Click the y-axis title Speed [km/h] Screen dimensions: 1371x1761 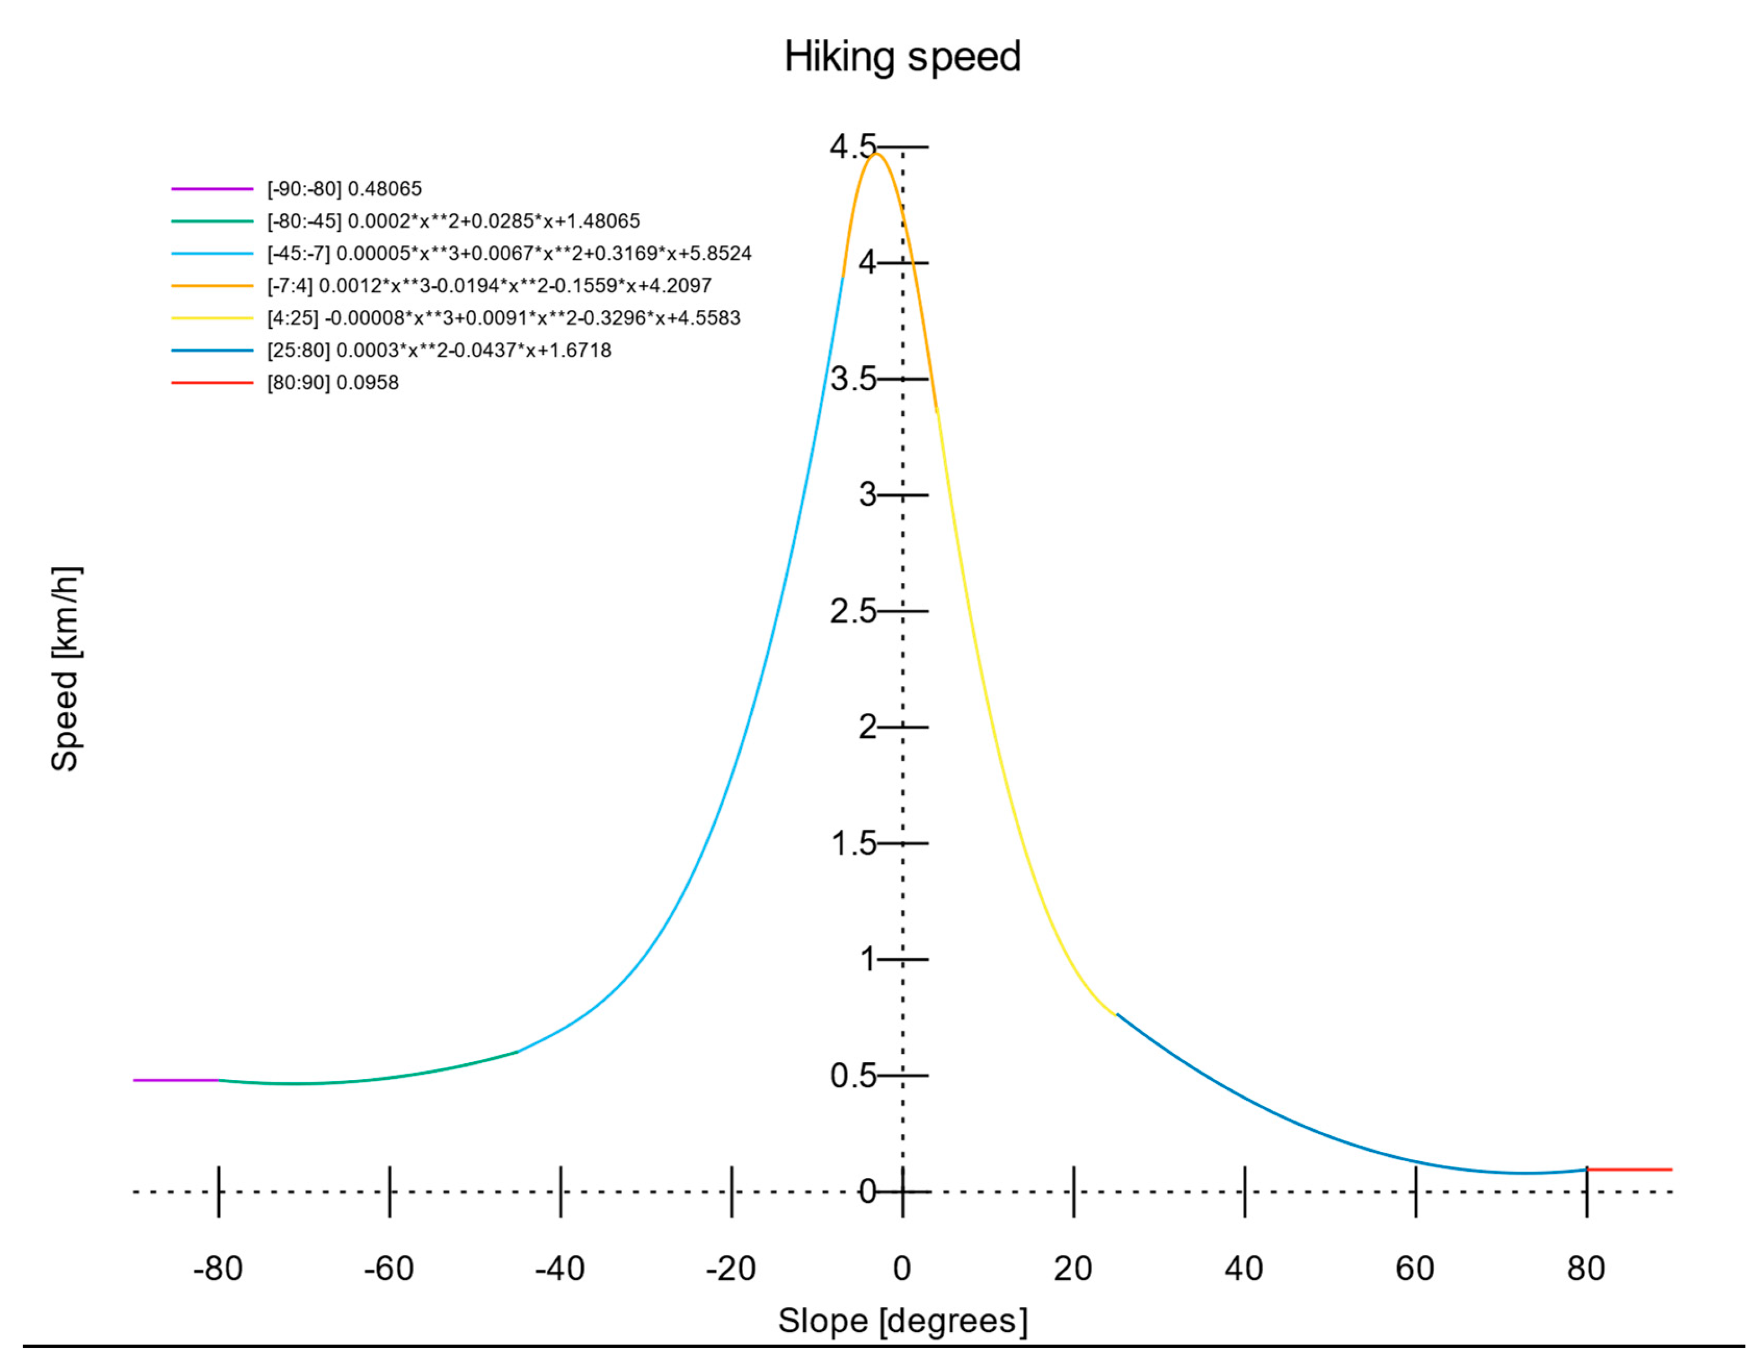pyautogui.click(x=65, y=669)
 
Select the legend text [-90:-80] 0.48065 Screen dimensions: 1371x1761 pyautogui.click(x=344, y=189)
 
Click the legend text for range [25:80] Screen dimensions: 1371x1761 pyautogui.click(x=440, y=350)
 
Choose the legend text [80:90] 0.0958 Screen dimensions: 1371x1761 pyautogui.click(x=333, y=382)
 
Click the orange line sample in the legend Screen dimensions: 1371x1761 pyautogui.click(x=212, y=285)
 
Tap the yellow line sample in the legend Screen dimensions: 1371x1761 pyautogui.click(x=212, y=318)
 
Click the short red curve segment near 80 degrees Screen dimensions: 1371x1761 pyautogui.click(x=1629, y=1168)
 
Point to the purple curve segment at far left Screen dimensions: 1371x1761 pyautogui.click(x=176, y=1080)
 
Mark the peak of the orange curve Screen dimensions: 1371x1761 pyautogui.click(x=876, y=154)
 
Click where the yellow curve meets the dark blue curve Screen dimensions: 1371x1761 pyautogui.click(x=1116, y=1014)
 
